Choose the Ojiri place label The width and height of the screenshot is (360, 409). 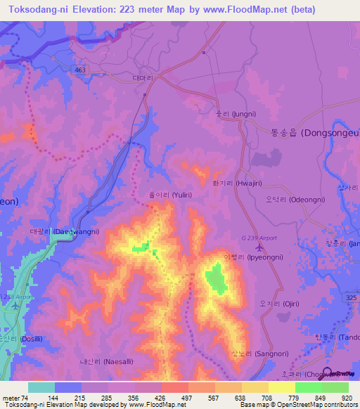tap(280, 304)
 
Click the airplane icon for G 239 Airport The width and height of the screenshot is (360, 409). tap(261, 246)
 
